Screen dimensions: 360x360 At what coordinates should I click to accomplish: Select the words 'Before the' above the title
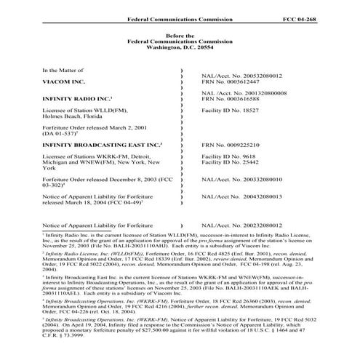[180, 34]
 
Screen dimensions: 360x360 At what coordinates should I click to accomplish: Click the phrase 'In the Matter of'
[63, 69]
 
